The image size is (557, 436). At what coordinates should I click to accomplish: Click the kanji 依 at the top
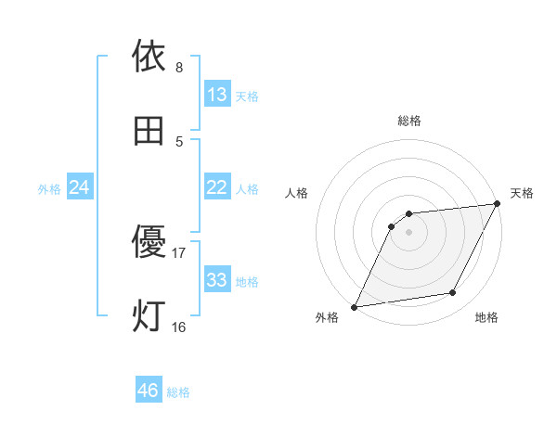149,57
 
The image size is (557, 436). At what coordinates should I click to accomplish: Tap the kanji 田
149,132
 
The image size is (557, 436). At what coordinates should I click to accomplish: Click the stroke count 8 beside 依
179,68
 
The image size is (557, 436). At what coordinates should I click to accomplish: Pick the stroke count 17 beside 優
179,252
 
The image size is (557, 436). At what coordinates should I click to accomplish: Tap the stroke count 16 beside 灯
179,327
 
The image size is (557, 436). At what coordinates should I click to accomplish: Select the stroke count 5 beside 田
179,141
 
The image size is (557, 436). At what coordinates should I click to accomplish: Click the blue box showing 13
217,94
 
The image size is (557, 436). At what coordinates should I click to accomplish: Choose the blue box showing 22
217,186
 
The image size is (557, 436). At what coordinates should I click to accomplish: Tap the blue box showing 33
217,279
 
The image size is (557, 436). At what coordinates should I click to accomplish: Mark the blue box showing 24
80,187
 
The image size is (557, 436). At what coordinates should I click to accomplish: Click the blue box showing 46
149,391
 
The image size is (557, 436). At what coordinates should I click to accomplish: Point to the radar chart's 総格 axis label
409,121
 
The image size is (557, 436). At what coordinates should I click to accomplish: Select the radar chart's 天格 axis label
522,193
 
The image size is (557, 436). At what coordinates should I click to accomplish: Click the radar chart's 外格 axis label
327,318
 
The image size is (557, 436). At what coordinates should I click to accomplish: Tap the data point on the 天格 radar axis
497,204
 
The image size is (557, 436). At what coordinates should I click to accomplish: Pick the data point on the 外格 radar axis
354,307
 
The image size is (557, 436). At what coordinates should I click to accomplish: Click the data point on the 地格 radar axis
453,293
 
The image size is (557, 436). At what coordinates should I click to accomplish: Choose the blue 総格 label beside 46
178,392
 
